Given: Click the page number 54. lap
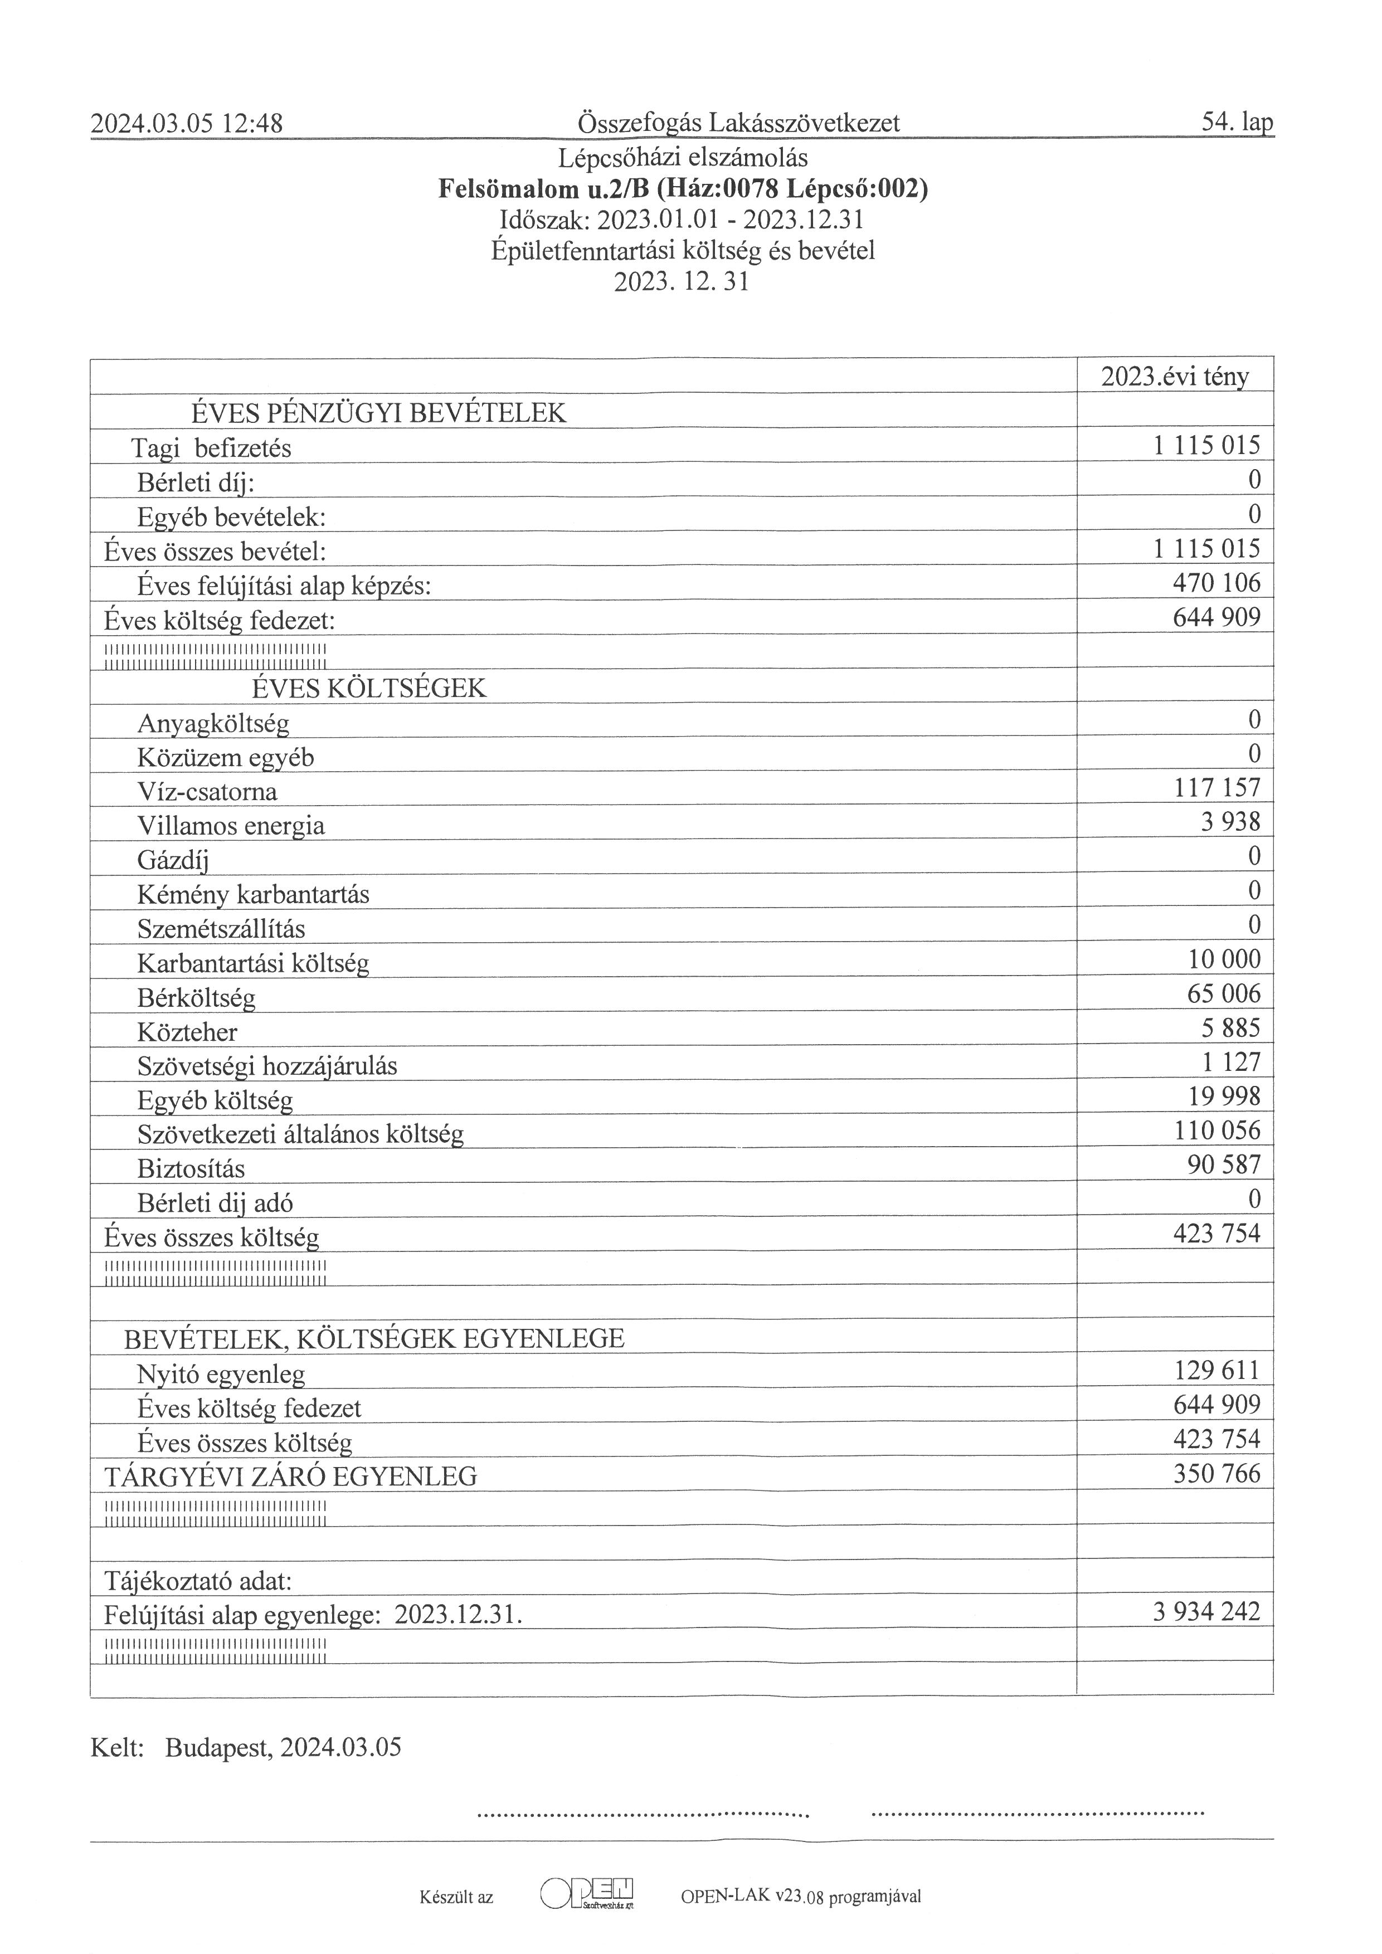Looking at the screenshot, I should tap(1237, 123).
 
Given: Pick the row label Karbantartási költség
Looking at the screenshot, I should tap(253, 963).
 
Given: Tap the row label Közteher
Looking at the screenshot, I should tap(187, 1032).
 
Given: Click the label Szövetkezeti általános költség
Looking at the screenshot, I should tap(300, 1134).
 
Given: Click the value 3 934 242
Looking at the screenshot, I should tap(1206, 1612).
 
